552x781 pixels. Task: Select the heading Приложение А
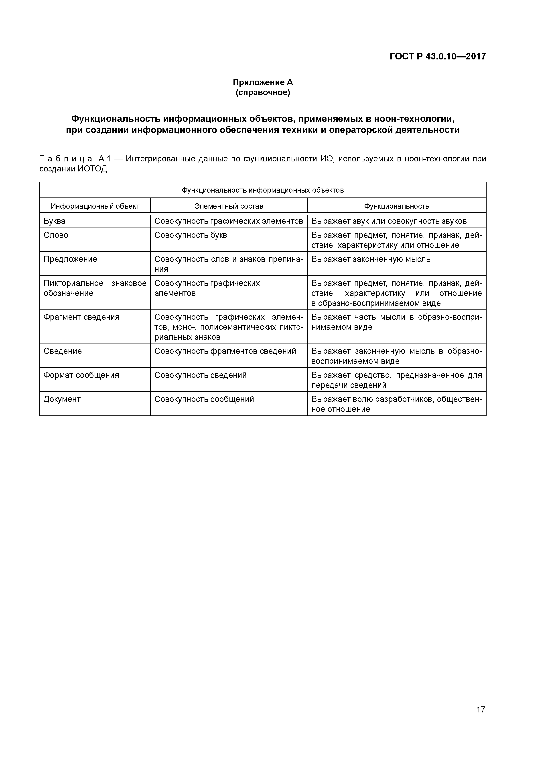point(263,82)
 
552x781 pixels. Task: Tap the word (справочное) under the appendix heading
point(263,93)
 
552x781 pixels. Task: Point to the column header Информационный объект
point(95,206)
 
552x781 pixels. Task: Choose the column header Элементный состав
point(229,206)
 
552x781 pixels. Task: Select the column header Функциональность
point(397,206)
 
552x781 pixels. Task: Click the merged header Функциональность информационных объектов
point(263,190)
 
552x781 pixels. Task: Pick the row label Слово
point(56,235)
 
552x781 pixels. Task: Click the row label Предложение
point(70,259)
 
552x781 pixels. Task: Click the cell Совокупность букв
point(191,235)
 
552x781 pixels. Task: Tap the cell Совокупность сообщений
point(204,399)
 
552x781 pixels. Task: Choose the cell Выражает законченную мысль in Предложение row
point(371,259)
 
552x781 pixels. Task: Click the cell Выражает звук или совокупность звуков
point(389,221)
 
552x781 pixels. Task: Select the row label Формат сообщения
point(81,375)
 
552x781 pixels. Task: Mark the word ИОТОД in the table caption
point(93,169)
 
